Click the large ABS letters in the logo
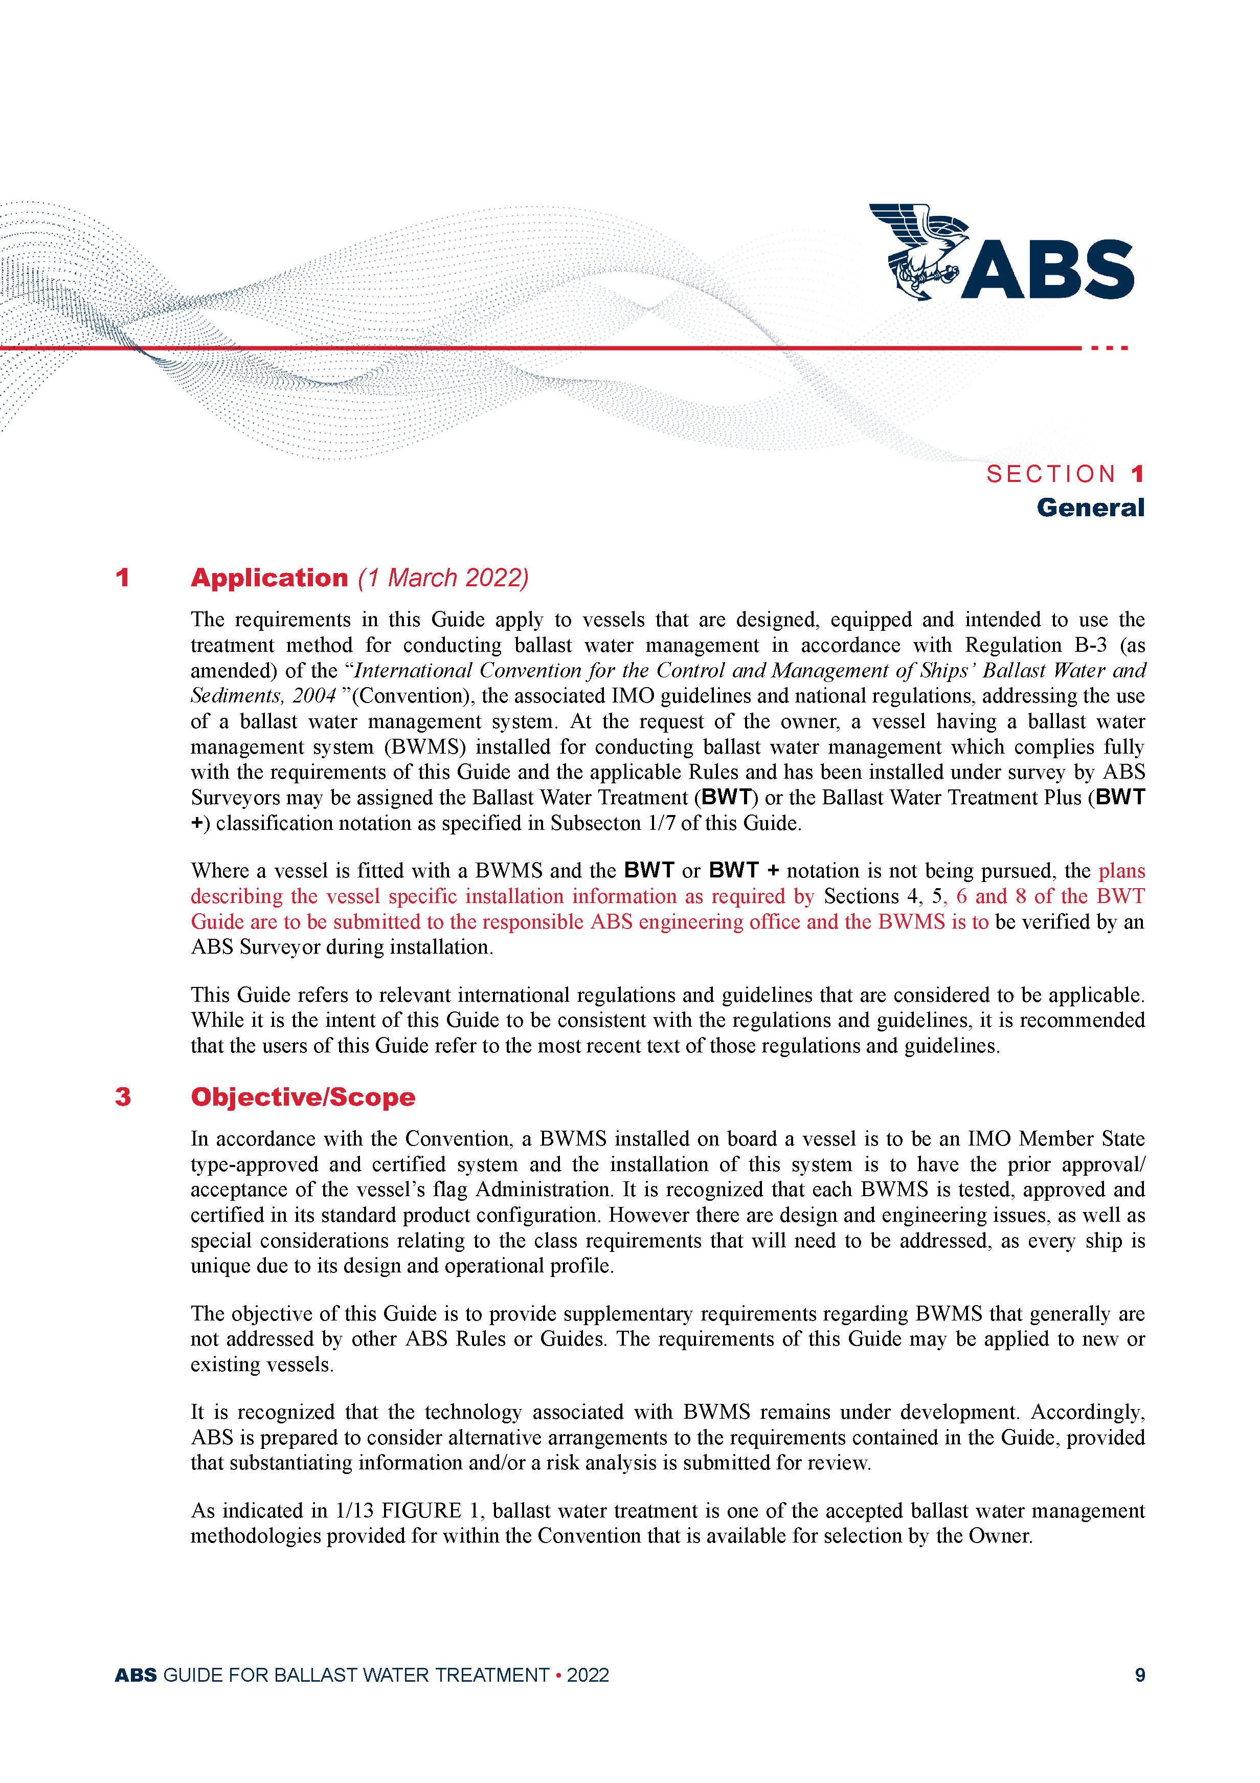point(1049,270)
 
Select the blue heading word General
point(1090,508)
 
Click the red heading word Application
point(269,578)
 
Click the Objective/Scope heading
point(303,1097)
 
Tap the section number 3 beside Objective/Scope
point(123,1097)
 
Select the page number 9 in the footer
point(1140,1675)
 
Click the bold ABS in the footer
point(136,1675)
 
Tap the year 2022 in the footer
point(588,1675)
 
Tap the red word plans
point(1122,871)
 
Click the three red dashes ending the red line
point(1109,348)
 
